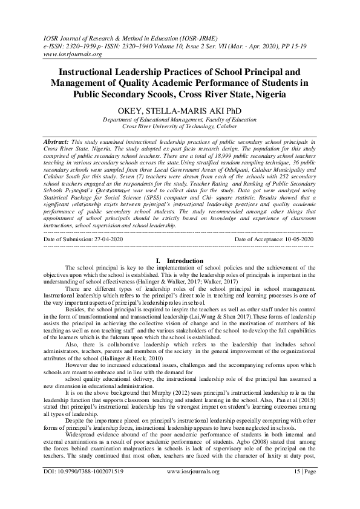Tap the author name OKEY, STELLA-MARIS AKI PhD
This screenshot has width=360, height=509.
tap(179, 111)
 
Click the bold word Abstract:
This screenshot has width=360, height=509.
tap(58, 141)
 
